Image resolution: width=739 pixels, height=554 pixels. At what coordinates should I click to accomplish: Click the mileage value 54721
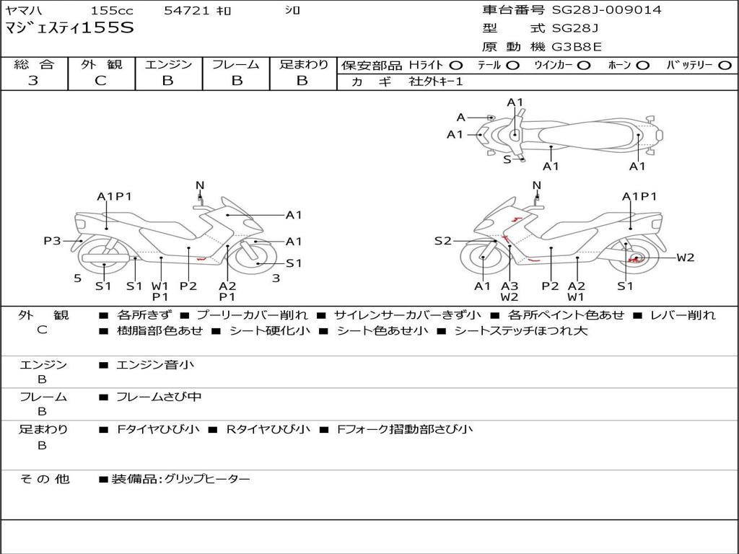click(x=187, y=11)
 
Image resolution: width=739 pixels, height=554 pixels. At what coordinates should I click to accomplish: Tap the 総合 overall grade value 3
click(x=33, y=81)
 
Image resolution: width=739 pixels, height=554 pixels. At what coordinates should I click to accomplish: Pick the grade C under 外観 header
click(x=100, y=81)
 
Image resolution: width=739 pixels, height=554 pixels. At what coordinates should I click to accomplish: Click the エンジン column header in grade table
click(x=168, y=65)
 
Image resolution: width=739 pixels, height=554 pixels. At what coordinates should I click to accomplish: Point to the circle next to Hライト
click(x=456, y=66)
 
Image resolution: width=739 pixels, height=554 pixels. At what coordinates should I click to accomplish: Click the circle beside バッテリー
click(x=725, y=66)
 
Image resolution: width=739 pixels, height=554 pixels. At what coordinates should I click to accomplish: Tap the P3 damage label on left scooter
click(x=52, y=241)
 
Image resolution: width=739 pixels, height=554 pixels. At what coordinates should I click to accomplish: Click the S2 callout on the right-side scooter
click(x=442, y=241)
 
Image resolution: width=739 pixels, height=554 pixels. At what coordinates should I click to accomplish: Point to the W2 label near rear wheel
click(x=685, y=258)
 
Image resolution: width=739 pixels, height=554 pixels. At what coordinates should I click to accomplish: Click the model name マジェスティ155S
click(x=69, y=29)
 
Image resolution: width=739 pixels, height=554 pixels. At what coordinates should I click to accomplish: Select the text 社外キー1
click(x=436, y=82)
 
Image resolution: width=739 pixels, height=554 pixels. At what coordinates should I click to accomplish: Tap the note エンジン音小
click(x=155, y=365)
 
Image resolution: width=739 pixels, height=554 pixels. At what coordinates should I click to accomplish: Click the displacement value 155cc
click(x=111, y=11)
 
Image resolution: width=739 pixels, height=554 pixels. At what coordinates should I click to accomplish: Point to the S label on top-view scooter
click(x=507, y=159)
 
